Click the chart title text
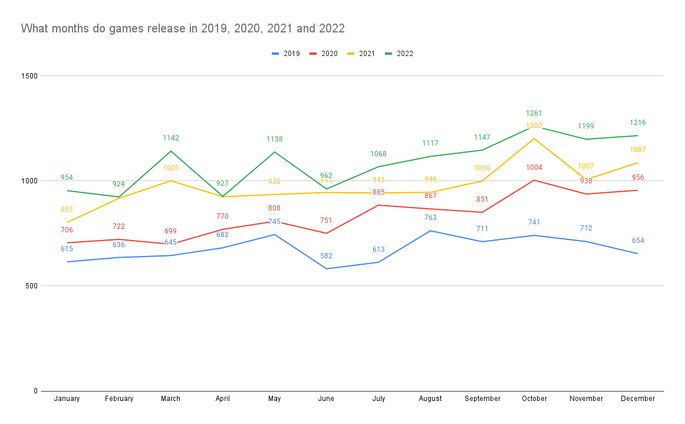[183, 28]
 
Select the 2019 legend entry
[286, 54]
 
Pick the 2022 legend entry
[399, 54]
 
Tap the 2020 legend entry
[324, 54]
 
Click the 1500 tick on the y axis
[30, 76]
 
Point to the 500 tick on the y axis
[32, 286]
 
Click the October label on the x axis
[534, 399]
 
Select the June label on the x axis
[326, 399]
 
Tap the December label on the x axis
[638, 399]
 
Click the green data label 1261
[534, 113]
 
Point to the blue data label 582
[326, 256]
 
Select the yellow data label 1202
[534, 126]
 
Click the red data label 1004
[534, 167]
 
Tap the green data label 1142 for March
[171, 138]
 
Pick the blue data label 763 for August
[430, 218]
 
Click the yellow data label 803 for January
[67, 209]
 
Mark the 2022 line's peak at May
[274, 152]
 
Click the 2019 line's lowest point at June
[326, 269]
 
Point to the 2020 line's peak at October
[534, 180]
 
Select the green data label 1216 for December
[638, 123]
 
